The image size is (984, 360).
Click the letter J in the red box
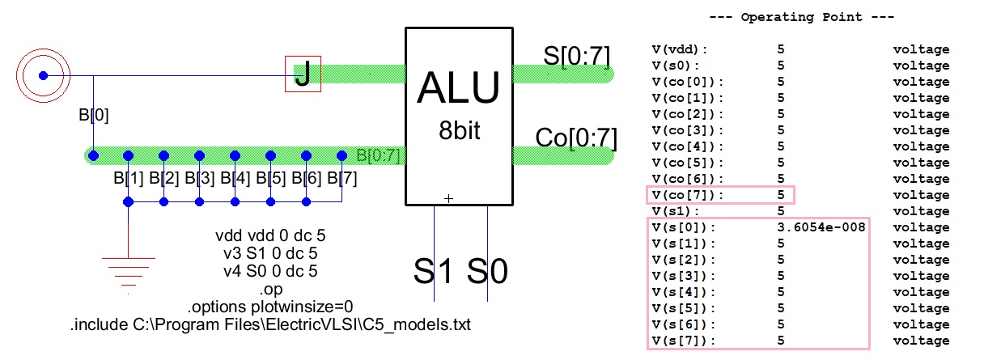point(303,75)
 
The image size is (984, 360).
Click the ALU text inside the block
point(458,89)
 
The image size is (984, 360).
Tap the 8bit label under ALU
point(458,131)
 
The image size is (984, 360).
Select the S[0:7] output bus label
point(577,56)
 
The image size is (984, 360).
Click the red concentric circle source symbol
point(43,76)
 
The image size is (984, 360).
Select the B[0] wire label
point(93,116)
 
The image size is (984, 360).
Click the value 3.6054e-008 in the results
point(821,227)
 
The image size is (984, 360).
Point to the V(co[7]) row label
point(687,195)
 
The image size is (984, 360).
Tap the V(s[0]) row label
point(684,227)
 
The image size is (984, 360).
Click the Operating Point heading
point(797,17)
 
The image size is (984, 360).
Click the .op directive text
point(270,289)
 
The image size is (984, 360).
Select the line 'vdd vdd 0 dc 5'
point(270,237)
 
